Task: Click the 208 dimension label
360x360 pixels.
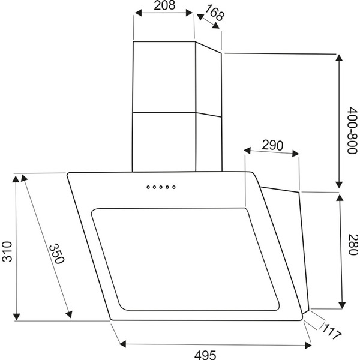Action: coord(163,7)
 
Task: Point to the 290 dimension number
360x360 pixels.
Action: coord(272,145)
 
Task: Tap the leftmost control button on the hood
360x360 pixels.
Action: coord(148,187)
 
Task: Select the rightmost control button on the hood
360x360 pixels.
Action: coord(175,187)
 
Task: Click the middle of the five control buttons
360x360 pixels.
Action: coord(161,187)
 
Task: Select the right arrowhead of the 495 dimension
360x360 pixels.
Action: coord(308,344)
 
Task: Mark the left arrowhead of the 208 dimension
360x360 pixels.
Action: coord(136,17)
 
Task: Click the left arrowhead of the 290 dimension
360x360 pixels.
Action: coord(248,151)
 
